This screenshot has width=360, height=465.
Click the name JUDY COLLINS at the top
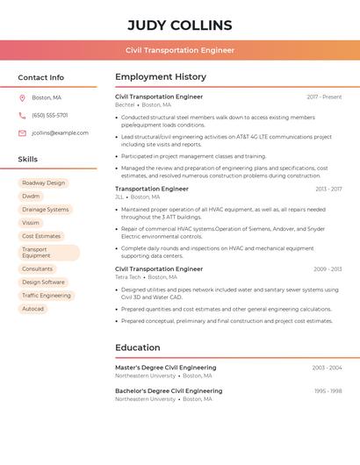pyautogui.click(x=180, y=25)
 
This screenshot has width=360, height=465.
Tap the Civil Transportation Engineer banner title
pyautogui.click(x=180, y=50)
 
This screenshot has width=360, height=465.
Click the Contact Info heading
pyautogui.click(x=40, y=77)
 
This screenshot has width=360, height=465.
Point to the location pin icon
pyautogui.click(x=22, y=97)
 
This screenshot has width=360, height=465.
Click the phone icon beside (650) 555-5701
pyautogui.click(x=22, y=115)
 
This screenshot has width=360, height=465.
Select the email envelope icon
pyautogui.click(x=22, y=132)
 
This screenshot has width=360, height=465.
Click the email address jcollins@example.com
pyautogui.click(x=60, y=132)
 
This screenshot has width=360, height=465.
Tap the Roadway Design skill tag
pyautogui.click(x=44, y=183)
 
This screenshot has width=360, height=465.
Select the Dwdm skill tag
pyautogui.click(x=31, y=197)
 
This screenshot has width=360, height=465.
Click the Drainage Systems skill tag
pyautogui.click(x=45, y=210)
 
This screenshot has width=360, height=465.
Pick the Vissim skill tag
pyautogui.click(x=31, y=223)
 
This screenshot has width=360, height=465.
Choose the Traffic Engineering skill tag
pyautogui.click(x=47, y=296)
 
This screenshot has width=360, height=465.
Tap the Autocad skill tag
pyautogui.click(x=32, y=309)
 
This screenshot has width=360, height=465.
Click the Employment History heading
pyautogui.click(x=161, y=77)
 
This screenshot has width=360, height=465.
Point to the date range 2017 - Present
pyautogui.click(x=324, y=97)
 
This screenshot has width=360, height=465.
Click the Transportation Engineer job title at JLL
pyautogui.click(x=152, y=189)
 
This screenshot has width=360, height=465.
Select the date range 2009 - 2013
pyautogui.click(x=328, y=268)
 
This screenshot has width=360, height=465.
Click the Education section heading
pyautogui.click(x=137, y=347)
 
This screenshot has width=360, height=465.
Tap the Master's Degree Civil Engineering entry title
pyautogui.click(x=166, y=368)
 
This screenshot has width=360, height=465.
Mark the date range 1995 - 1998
pyautogui.click(x=328, y=390)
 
